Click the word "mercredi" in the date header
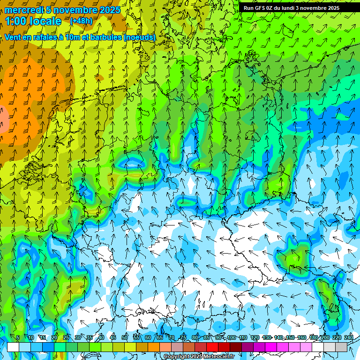(22, 10)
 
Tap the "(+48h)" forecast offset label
(81, 21)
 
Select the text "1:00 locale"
(33, 21)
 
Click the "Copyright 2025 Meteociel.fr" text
(199, 357)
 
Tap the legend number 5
(18, 337)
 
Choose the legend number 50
(125, 337)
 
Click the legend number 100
(232, 337)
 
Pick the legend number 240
(349, 337)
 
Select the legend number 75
(183, 337)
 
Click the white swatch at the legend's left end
(13, 347)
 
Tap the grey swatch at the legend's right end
(341, 347)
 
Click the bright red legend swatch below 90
(212, 347)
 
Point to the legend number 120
(255, 337)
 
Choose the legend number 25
(66, 337)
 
